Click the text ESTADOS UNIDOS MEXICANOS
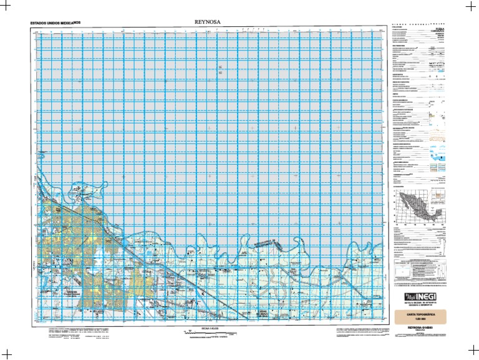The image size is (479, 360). coord(56,24)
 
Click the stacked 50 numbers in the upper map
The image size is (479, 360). coord(220,70)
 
